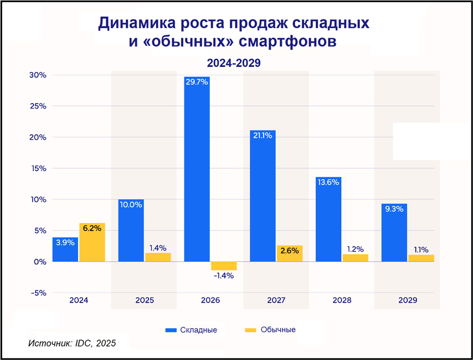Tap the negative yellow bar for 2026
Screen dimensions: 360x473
[x=224, y=266]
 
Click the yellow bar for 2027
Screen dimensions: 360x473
[x=290, y=254]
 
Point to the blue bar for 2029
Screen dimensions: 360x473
[x=394, y=233]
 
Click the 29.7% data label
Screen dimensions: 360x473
[x=197, y=82]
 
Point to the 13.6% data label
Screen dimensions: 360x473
[x=328, y=182]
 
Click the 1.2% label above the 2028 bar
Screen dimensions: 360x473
[x=355, y=249]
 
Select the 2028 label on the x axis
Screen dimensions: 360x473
[x=342, y=300]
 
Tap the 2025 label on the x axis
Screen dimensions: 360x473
[x=145, y=300]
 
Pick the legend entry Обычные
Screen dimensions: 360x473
[x=270, y=330]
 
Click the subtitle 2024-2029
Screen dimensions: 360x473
[x=233, y=63]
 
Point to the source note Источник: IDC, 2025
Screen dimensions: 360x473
[x=71, y=343]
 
